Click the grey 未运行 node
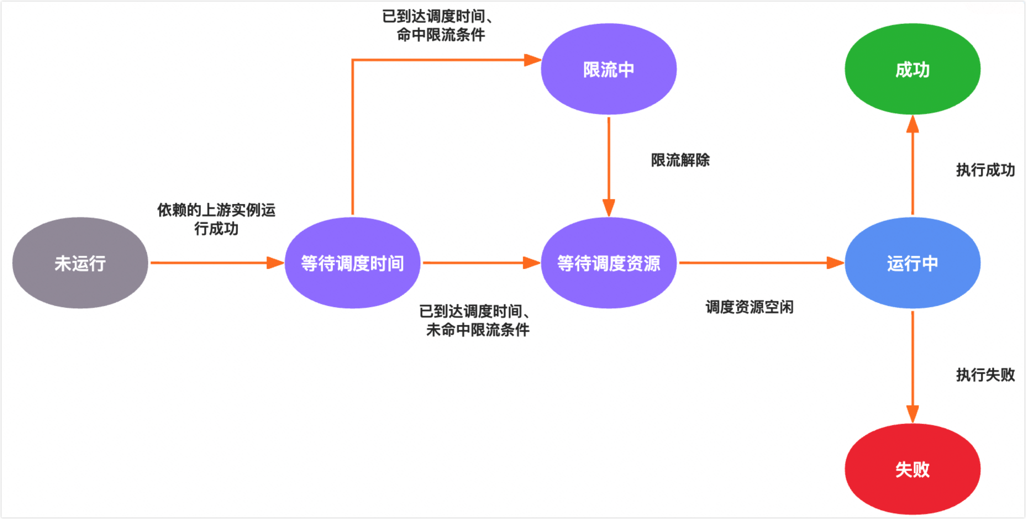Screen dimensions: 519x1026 (x=80, y=263)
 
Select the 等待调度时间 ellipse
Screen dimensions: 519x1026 (x=352, y=263)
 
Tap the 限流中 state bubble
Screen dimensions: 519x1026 (x=608, y=69)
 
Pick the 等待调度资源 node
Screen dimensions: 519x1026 (x=608, y=263)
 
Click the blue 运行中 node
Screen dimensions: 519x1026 (x=912, y=263)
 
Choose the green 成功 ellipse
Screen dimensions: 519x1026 (x=912, y=69)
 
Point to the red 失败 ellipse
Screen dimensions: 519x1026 (x=912, y=469)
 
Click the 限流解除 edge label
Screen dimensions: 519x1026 (x=680, y=160)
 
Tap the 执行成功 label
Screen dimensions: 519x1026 (x=985, y=170)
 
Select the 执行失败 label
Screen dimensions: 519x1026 (x=985, y=375)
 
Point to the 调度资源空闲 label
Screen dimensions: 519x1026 (x=749, y=307)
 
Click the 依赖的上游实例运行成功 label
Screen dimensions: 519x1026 (x=216, y=219)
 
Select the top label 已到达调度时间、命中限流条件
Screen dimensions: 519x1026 (x=438, y=25)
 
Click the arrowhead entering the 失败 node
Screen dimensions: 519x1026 (x=912, y=414)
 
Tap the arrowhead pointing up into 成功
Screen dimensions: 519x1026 (x=912, y=124)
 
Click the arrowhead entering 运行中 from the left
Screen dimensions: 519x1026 (x=835, y=263)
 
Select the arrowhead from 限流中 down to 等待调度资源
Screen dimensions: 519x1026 (x=608, y=207)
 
